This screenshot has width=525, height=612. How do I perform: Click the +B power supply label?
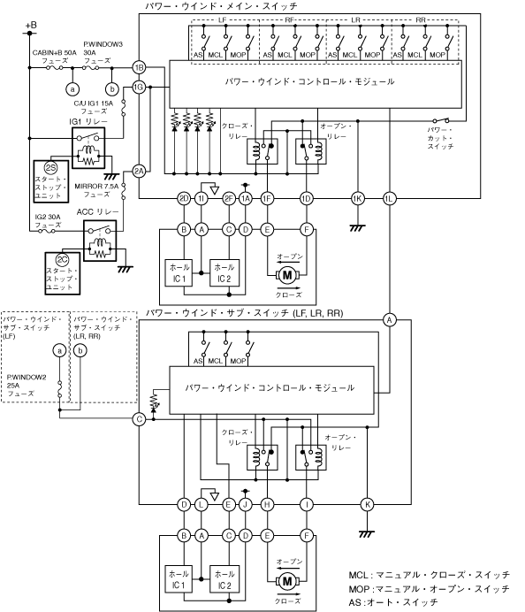coord(31,26)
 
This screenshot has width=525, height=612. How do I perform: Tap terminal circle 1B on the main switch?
coord(139,67)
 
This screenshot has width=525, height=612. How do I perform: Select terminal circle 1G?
coord(139,87)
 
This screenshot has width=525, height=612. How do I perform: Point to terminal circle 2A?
coord(139,171)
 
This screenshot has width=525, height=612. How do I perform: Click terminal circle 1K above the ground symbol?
coord(358,199)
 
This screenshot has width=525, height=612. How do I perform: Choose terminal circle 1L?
coord(389,199)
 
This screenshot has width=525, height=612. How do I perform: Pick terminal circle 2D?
coord(184,199)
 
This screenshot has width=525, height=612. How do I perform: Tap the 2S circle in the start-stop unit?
coord(50,168)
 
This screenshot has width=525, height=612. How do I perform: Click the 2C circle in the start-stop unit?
coord(63,259)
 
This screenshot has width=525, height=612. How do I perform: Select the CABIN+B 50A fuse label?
coord(55,57)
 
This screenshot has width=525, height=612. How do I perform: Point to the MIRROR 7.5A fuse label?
coord(96,190)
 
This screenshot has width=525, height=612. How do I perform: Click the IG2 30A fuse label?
coord(48,221)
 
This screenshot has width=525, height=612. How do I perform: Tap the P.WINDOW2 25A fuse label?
coord(27,386)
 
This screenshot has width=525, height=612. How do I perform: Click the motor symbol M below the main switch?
coord(287,275)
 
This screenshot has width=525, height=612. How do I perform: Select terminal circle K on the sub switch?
coord(368,505)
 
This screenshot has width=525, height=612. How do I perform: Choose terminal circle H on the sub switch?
coord(267,505)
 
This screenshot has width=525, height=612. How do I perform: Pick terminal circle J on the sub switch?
coord(246,505)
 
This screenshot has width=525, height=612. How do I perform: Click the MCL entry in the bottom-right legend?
coord(429,576)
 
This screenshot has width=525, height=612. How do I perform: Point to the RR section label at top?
coord(421,20)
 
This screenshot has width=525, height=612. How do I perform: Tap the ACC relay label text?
coord(97,212)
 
